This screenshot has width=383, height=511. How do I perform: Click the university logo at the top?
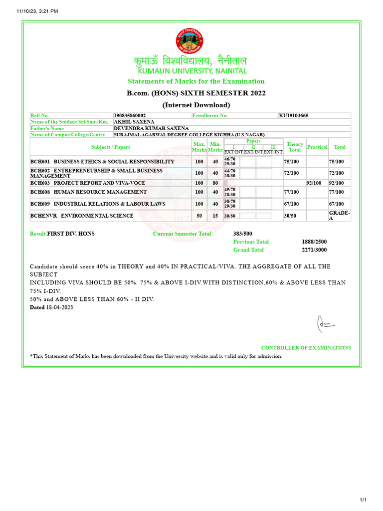tap(190, 41)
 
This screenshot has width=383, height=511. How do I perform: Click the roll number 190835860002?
tap(130, 116)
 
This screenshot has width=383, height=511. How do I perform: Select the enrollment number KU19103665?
tap(293, 116)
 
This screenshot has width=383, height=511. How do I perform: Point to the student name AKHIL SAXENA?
tap(134, 122)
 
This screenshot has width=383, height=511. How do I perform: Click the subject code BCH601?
tap(40, 162)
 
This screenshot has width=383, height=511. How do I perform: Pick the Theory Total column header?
tap(295, 147)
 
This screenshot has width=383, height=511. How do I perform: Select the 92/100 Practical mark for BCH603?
tap(314, 183)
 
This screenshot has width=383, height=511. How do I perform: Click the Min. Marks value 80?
tap(215, 183)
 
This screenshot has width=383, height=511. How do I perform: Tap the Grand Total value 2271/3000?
tap(314, 250)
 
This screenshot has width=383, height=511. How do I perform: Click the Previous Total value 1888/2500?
tap(314, 242)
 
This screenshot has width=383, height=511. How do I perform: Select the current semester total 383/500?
tap(243, 234)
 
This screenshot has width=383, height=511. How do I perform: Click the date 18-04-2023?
tap(59, 307)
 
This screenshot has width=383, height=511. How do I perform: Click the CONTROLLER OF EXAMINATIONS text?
tap(306, 348)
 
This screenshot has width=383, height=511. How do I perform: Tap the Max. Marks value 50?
tap(199, 216)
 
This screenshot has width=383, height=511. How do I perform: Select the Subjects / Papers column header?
tap(110, 147)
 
